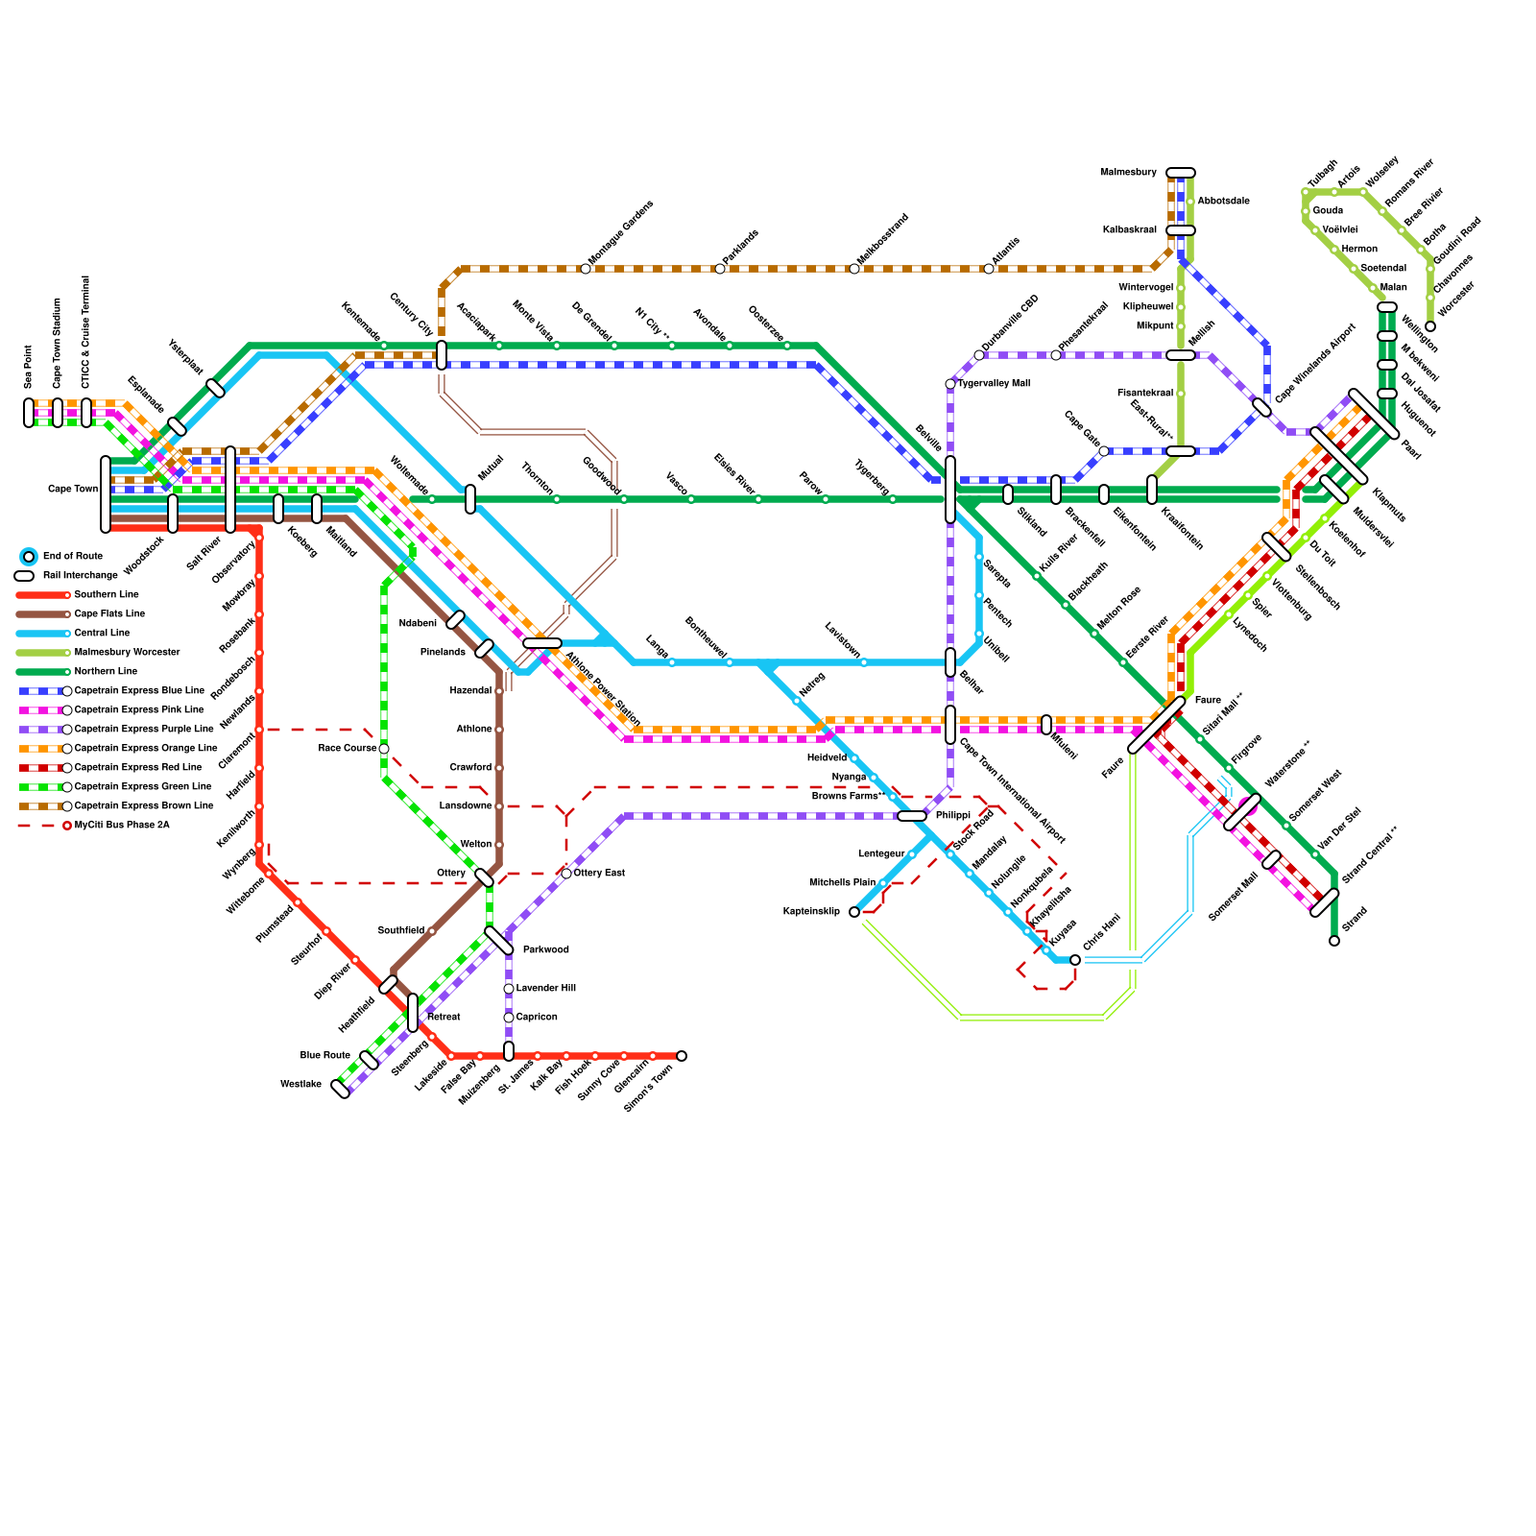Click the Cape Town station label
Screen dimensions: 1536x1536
point(73,490)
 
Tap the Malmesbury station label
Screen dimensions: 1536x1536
point(1129,173)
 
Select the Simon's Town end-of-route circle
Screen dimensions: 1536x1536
point(682,1056)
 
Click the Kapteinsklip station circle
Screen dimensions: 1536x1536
point(854,912)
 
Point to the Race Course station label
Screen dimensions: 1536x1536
point(348,749)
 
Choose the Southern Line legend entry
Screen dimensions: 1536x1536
point(106,595)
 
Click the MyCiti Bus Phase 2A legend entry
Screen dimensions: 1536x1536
point(122,826)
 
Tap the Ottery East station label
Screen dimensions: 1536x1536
point(599,874)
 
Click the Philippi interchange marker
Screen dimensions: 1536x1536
point(912,816)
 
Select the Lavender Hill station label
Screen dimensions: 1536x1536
point(545,989)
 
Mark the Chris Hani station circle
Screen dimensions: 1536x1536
point(1075,960)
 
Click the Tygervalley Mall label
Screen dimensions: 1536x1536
point(994,384)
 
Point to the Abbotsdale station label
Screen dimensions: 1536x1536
point(1223,202)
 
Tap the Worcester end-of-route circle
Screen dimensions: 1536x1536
point(1430,326)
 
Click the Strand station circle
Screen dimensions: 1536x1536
point(1334,941)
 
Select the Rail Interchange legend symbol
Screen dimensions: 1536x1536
point(24,576)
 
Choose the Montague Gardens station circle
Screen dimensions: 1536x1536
point(586,269)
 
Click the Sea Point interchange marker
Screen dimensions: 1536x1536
point(29,413)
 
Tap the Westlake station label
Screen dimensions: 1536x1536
point(300,1085)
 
